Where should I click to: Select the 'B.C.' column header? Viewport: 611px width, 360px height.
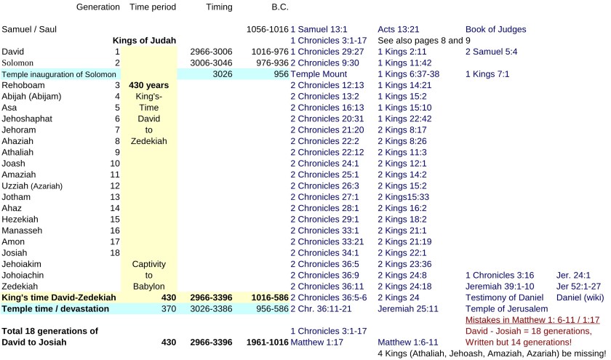click(279, 7)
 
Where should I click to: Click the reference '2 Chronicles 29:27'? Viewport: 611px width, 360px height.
click(327, 52)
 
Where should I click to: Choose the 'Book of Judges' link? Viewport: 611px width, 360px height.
click(495, 29)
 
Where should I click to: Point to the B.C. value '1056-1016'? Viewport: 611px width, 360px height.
click(267, 29)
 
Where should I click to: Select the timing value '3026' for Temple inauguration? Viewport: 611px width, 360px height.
click(222, 74)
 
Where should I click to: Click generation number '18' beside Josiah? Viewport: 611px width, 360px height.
click(114, 252)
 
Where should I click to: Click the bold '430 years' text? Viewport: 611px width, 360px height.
click(149, 85)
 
